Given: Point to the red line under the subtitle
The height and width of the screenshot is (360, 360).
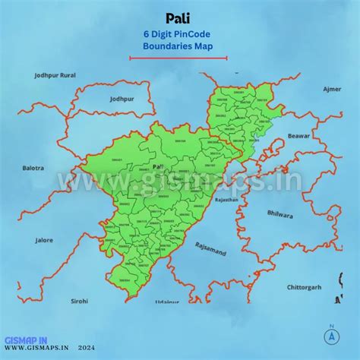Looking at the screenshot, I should [x=178, y=56].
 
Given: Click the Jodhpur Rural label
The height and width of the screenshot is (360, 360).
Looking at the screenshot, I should [x=55, y=75].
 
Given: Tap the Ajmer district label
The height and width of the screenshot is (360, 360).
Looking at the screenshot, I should [x=332, y=89].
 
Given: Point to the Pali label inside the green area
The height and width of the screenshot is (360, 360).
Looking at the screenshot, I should [x=158, y=166].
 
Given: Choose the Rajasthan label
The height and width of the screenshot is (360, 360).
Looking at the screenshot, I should [x=226, y=200].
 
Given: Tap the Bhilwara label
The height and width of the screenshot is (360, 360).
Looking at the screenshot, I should [x=279, y=215].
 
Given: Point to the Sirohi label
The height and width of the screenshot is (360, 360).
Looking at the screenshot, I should [x=80, y=301].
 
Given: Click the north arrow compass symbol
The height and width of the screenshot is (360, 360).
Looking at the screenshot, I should [x=331, y=336].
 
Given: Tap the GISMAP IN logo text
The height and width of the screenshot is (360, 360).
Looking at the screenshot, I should [x=27, y=341].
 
